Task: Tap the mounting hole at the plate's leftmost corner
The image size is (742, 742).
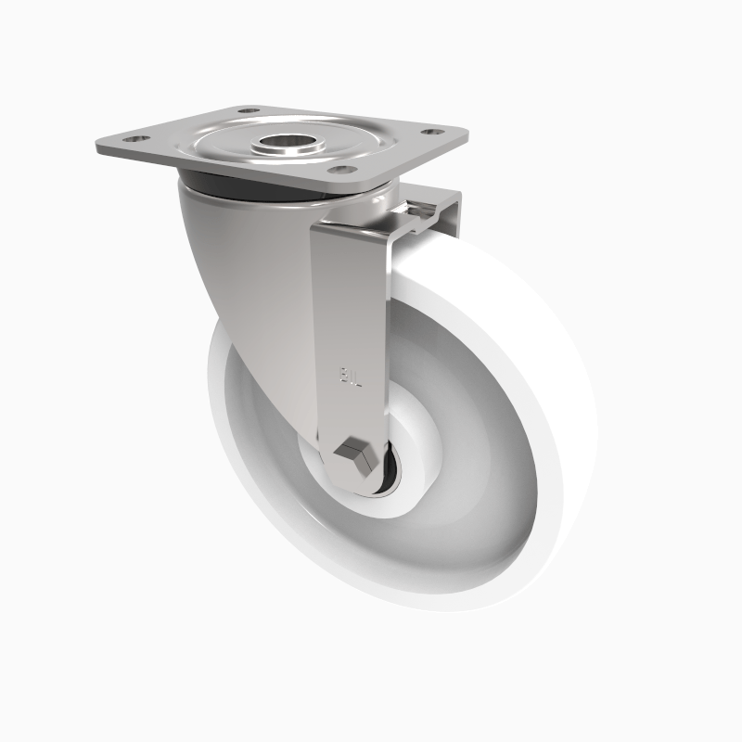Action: click(x=134, y=139)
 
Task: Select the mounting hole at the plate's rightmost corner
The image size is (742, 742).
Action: click(x=429, y=132)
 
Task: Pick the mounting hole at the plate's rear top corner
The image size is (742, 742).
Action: click(x=249, y=111)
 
